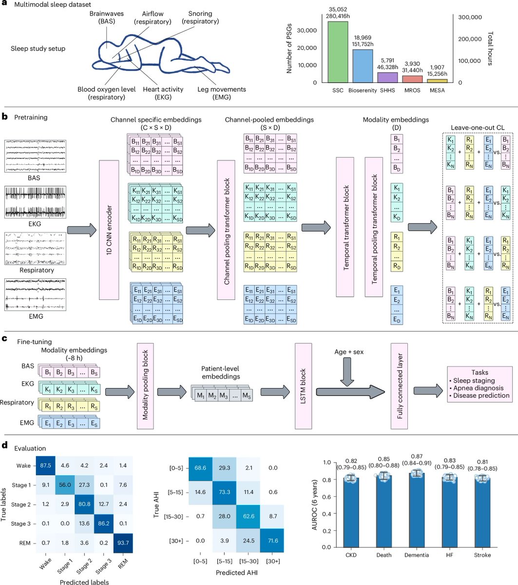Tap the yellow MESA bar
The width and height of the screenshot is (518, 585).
[437, 80]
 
